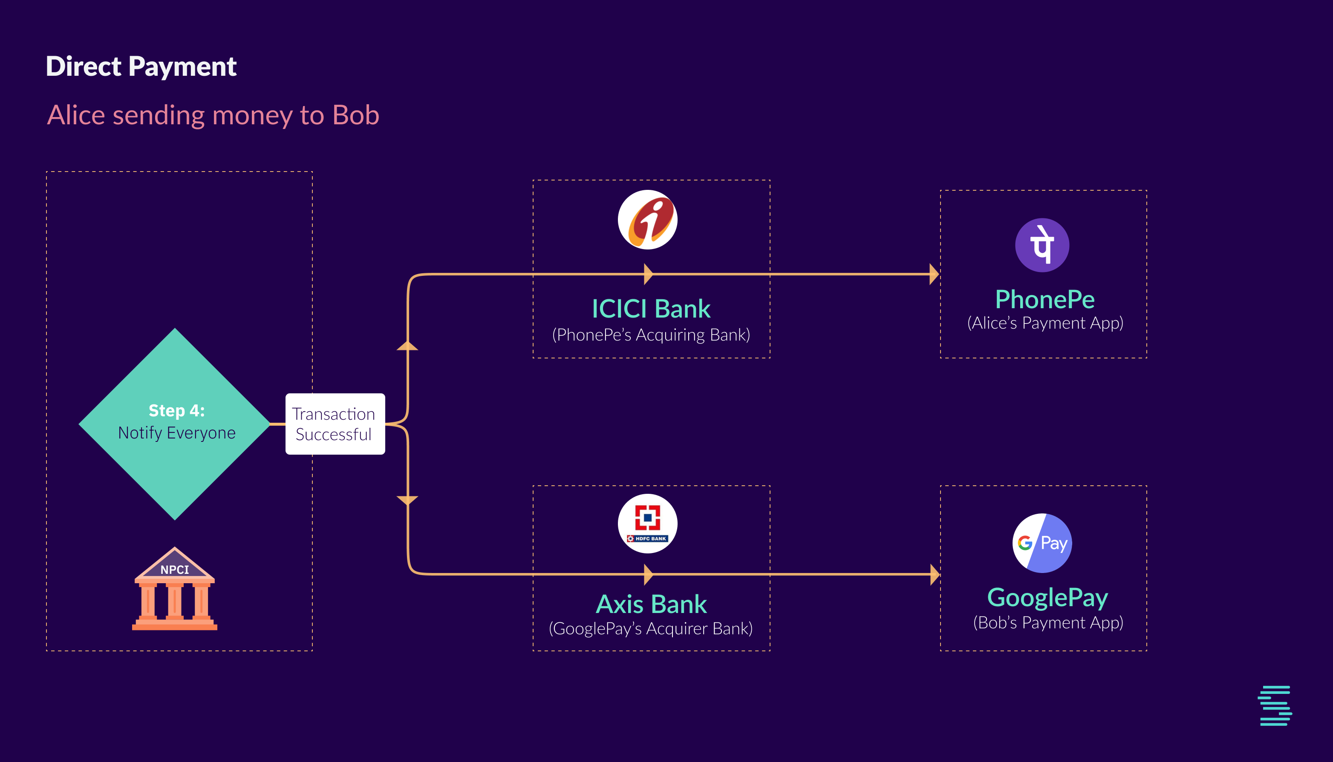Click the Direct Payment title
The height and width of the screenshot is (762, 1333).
click(x=141, y=66)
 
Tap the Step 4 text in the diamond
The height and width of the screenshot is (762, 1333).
click(x=176, y=411)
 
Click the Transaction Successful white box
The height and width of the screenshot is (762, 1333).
click(x=335, y=424)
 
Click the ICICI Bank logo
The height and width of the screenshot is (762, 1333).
click(x=647, y=220)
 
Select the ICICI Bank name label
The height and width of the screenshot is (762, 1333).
click(x=651, y=309)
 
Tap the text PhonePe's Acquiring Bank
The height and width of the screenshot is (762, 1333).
click(x=651, y=335)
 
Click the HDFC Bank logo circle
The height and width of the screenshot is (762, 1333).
click(x=647, y=523)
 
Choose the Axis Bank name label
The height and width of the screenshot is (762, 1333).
click(x=652, y=604)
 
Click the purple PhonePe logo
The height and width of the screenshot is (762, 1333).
click(x=1042, y=245)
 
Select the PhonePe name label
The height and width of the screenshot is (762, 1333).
click(x=1045, y=299)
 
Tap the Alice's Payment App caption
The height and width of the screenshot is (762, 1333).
click(x=1045, y=324)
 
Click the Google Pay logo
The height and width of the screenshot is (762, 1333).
click(x=1042, y=543)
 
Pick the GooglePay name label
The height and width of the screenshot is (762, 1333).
click(x=1047, y=597)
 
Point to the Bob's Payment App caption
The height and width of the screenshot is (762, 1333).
click(x=1048, y=623)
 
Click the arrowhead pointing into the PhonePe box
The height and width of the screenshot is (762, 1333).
click(x=934, y=274)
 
